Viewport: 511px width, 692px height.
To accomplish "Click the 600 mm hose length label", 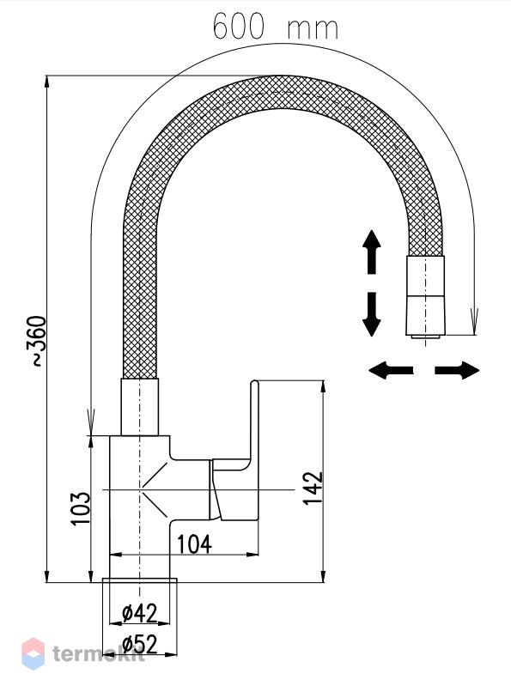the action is coord(276,27).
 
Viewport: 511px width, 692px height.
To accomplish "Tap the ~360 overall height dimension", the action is coord(38,341).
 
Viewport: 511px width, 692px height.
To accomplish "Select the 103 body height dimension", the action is coord(81,508).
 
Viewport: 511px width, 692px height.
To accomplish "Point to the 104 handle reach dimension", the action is coord(194,543).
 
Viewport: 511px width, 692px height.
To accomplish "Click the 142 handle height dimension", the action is coord(313,489).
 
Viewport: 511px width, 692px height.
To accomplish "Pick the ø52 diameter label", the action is coord(139,644).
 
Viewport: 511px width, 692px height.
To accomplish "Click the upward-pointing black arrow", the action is coord(372,252).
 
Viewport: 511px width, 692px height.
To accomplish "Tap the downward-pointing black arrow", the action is coord(372,313).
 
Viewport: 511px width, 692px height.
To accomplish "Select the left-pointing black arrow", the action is coord(391,370).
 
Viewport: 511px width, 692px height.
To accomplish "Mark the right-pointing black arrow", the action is coord(457,370).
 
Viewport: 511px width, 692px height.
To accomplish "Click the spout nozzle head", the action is coord(425,294).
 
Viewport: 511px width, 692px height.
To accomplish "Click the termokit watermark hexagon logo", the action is coord(33,653).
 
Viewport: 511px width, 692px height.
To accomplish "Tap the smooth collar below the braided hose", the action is coord(139,407).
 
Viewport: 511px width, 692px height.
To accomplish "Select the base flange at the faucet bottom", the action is coord(139,580).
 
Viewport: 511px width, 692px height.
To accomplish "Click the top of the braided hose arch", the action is coord(283,92).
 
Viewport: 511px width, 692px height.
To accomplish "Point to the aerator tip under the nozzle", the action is coord(425,337).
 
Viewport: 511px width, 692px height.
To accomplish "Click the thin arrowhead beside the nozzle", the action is coord(474,321).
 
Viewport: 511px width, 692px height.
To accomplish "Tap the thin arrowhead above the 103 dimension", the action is coord(91,422).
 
